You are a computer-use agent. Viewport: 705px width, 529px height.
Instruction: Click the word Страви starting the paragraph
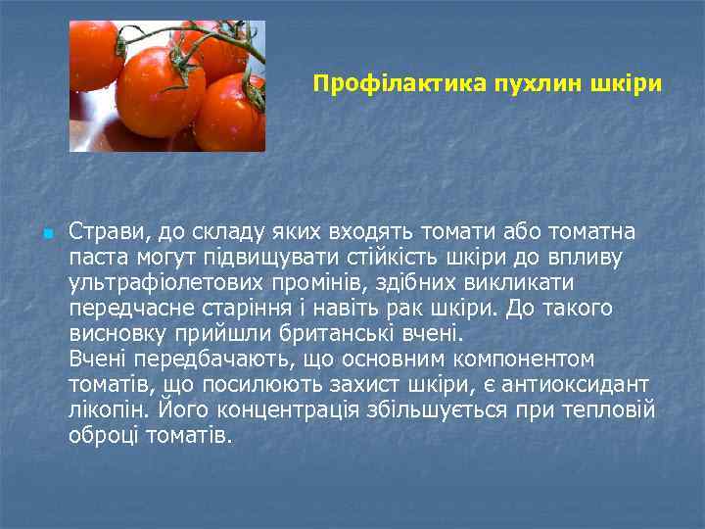104,232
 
